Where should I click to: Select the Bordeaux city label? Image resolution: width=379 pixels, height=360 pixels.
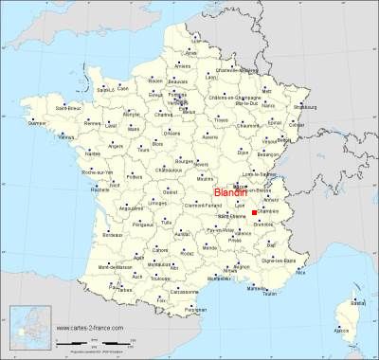point(113,234)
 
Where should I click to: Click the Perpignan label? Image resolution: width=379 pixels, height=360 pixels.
point(196,311)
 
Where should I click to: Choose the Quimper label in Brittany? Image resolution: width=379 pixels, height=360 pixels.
point(38,123)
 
